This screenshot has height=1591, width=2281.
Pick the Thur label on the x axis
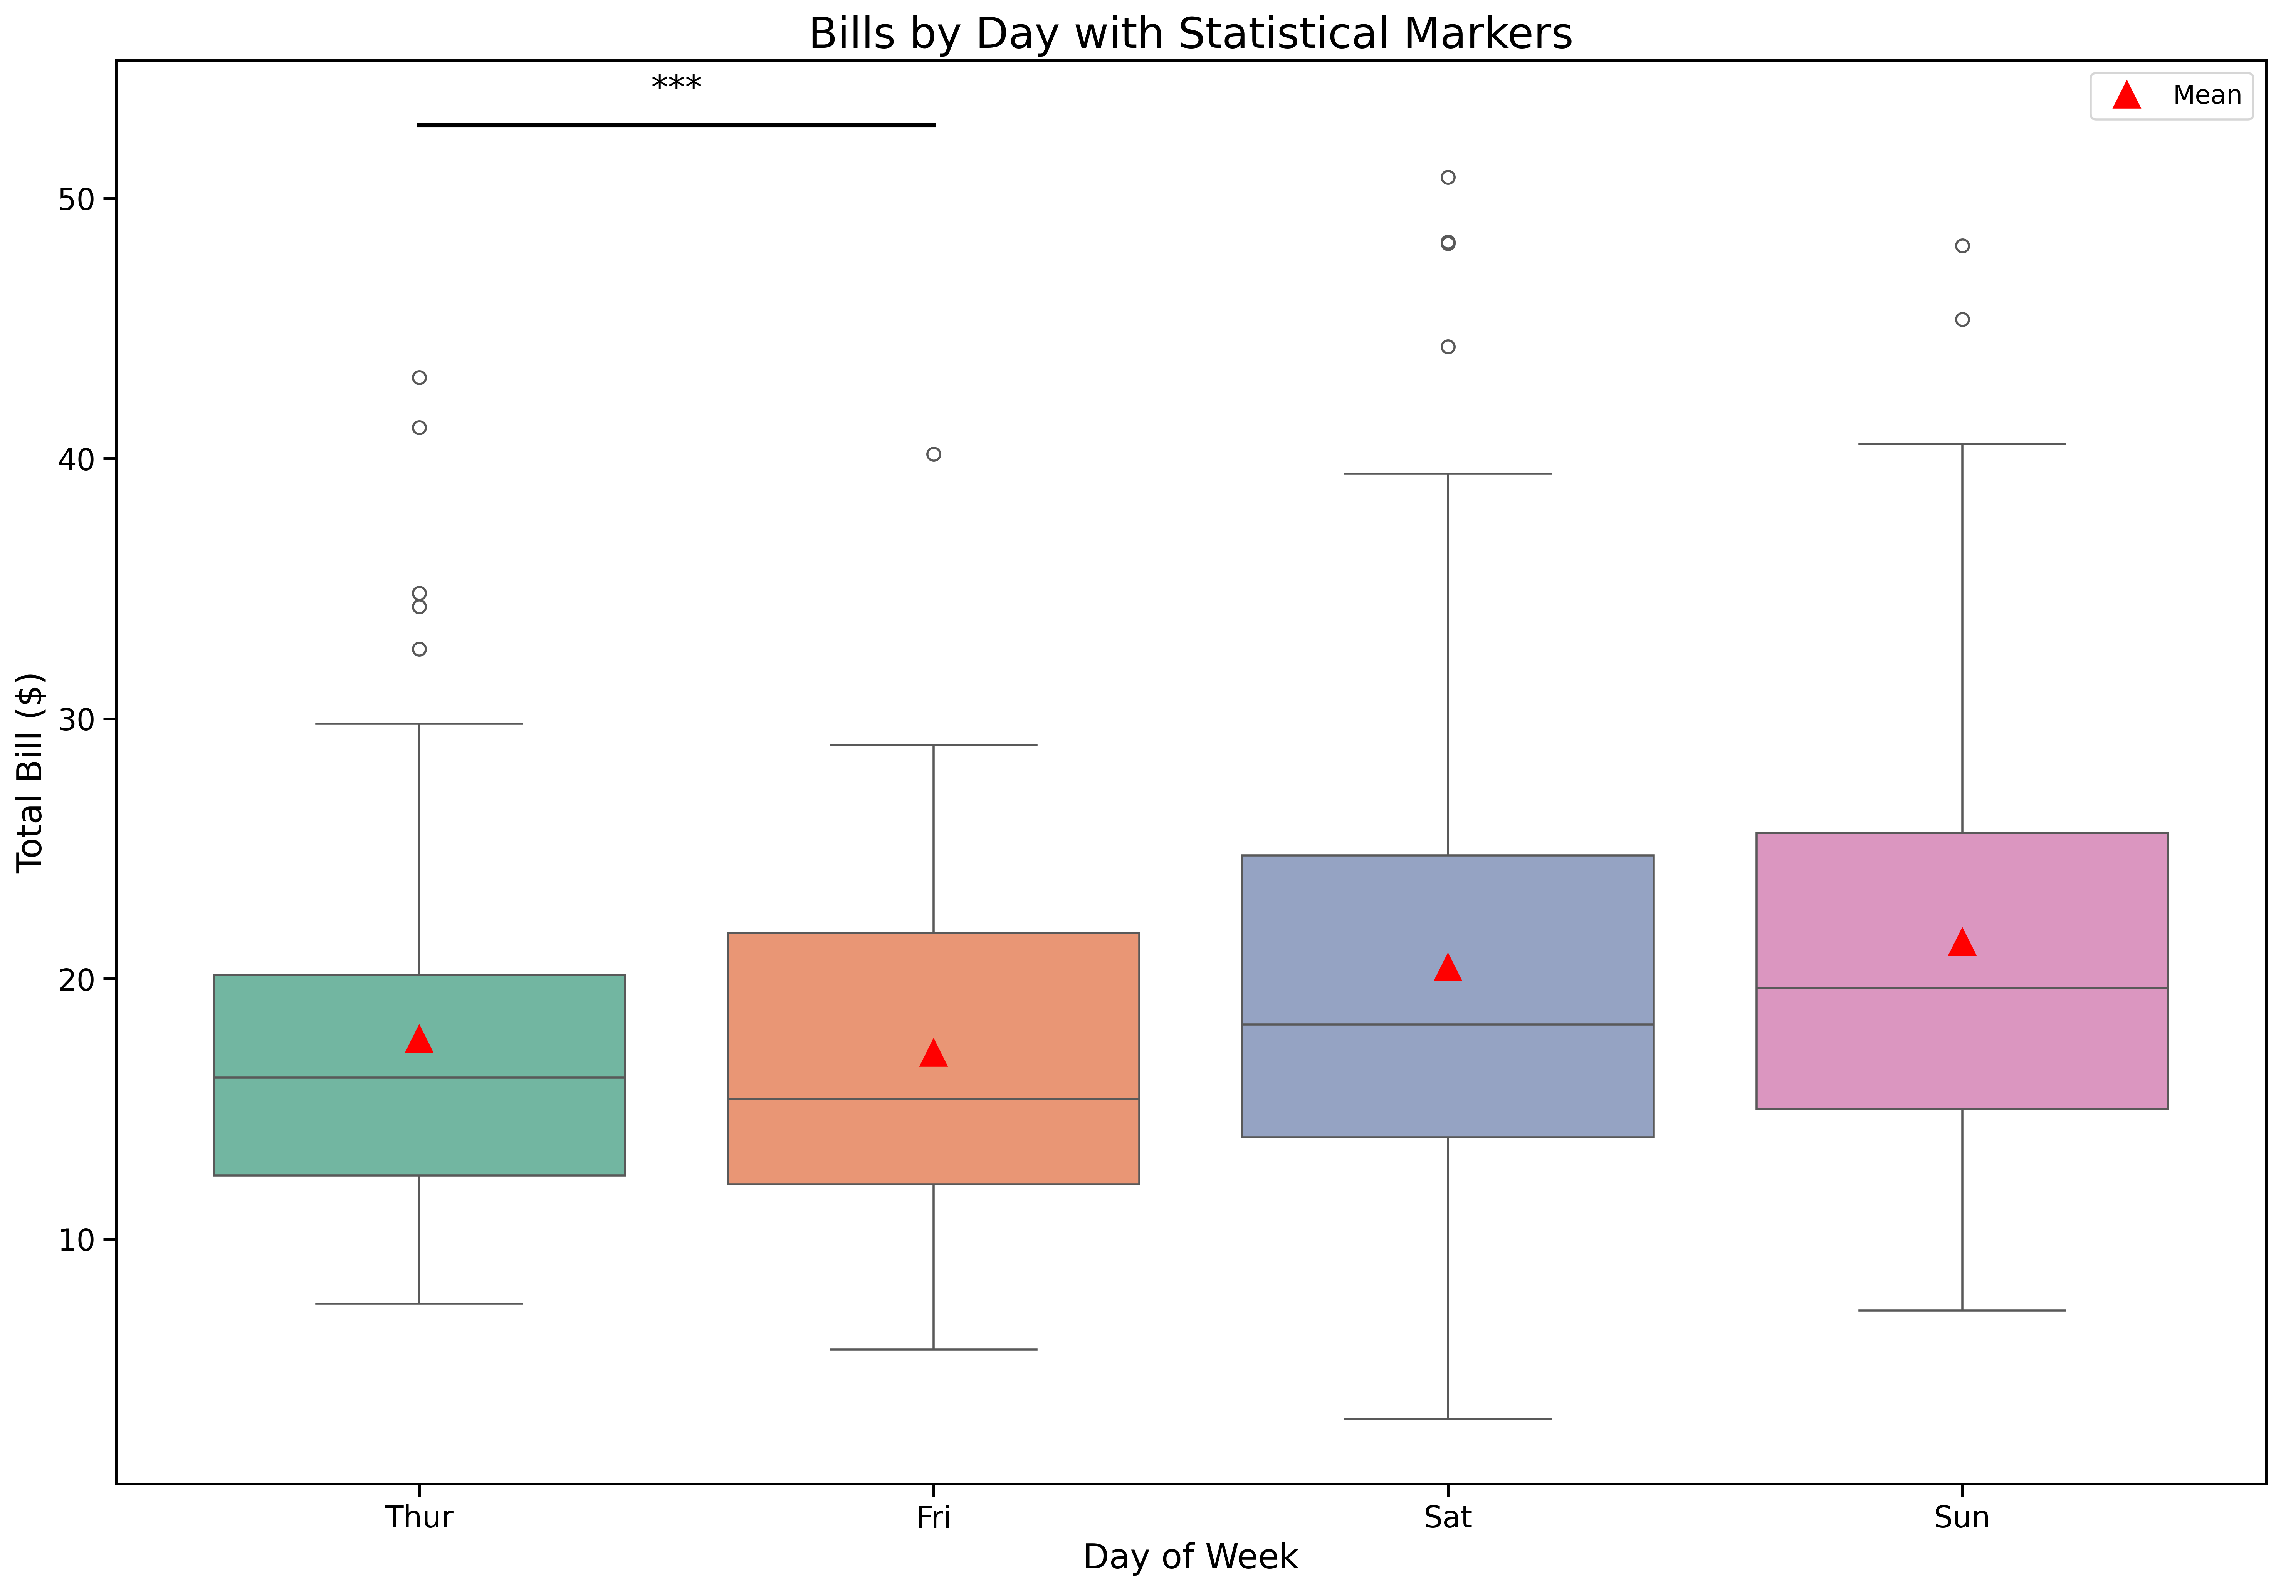(x=419, y=1517)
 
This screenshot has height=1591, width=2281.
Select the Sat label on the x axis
(x=1448, y=1517)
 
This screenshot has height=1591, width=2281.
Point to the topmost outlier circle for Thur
(x=419, y=377)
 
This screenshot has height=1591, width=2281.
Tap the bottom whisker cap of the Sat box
(x=1448, y=1419)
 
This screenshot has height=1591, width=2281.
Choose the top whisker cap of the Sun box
(x=1962, y=444)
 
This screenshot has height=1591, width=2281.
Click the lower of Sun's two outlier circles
(x=1962, y=320)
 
